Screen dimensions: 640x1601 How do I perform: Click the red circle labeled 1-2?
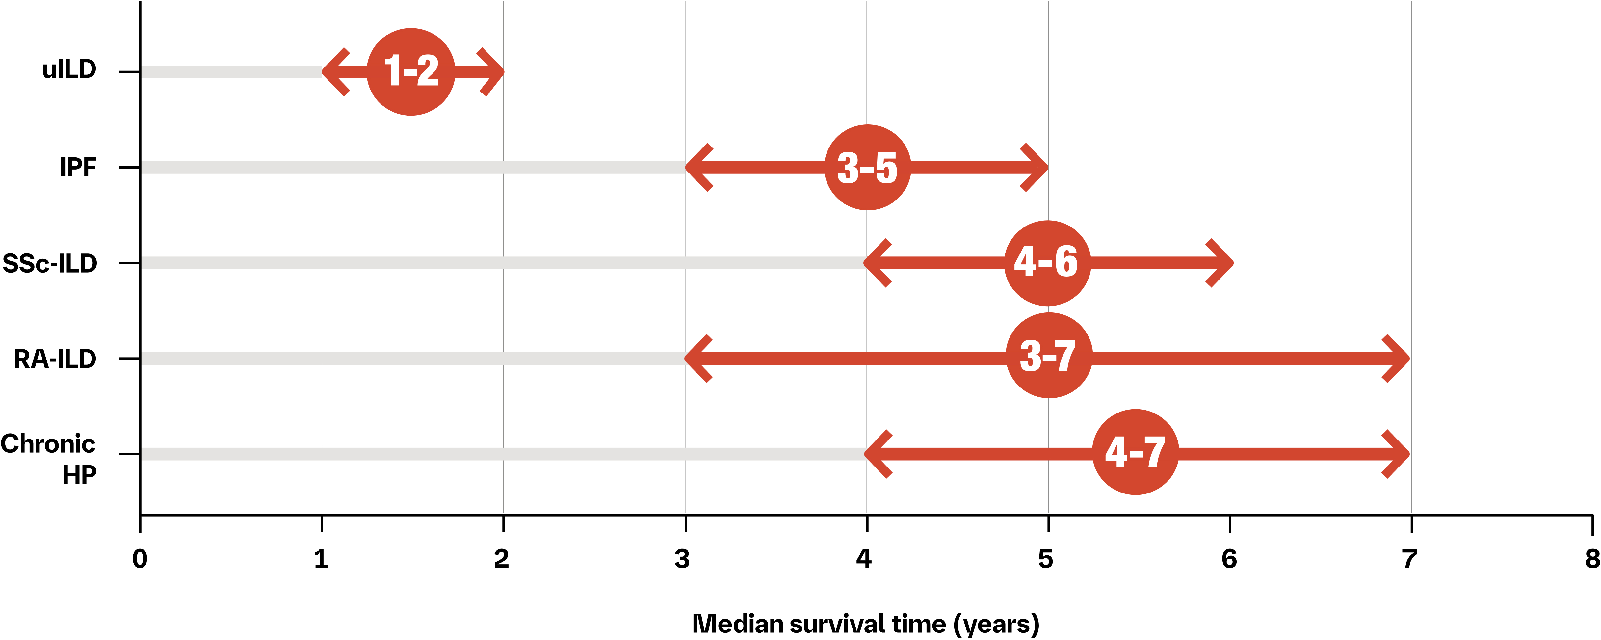(x=411, y=71)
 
